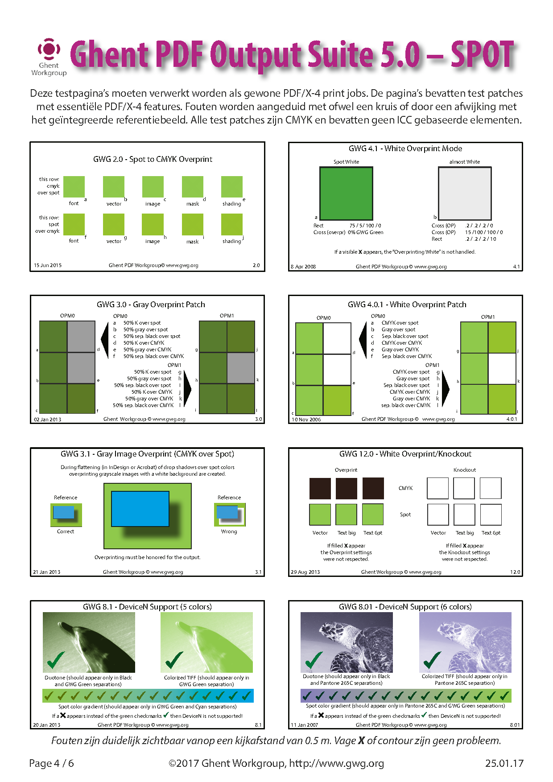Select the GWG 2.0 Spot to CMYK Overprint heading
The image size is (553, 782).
click(153, 159)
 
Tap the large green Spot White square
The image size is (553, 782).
click(346, 193)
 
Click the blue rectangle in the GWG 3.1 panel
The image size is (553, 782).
click(140, 509)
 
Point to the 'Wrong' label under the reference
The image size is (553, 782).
click(229, 531)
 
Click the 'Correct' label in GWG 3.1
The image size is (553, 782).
click(66, 531)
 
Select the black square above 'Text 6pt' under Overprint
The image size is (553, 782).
click(373, 488)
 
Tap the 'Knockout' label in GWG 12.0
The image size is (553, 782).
click(465, 470)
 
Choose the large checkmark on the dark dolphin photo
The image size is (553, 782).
click(56, 659)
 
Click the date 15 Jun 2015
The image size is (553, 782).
click(48, 265)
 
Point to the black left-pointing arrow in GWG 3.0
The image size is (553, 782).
click(105, 341)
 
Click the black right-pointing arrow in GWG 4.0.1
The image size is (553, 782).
click(445, 389)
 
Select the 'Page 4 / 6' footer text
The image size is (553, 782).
click(51, 763)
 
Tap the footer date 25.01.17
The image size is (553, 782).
click(504, 763)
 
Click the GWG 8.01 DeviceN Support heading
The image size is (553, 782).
click(405, 607)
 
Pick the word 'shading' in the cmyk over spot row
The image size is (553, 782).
click(232, 204)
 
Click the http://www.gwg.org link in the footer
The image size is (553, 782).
click(336, 763)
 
